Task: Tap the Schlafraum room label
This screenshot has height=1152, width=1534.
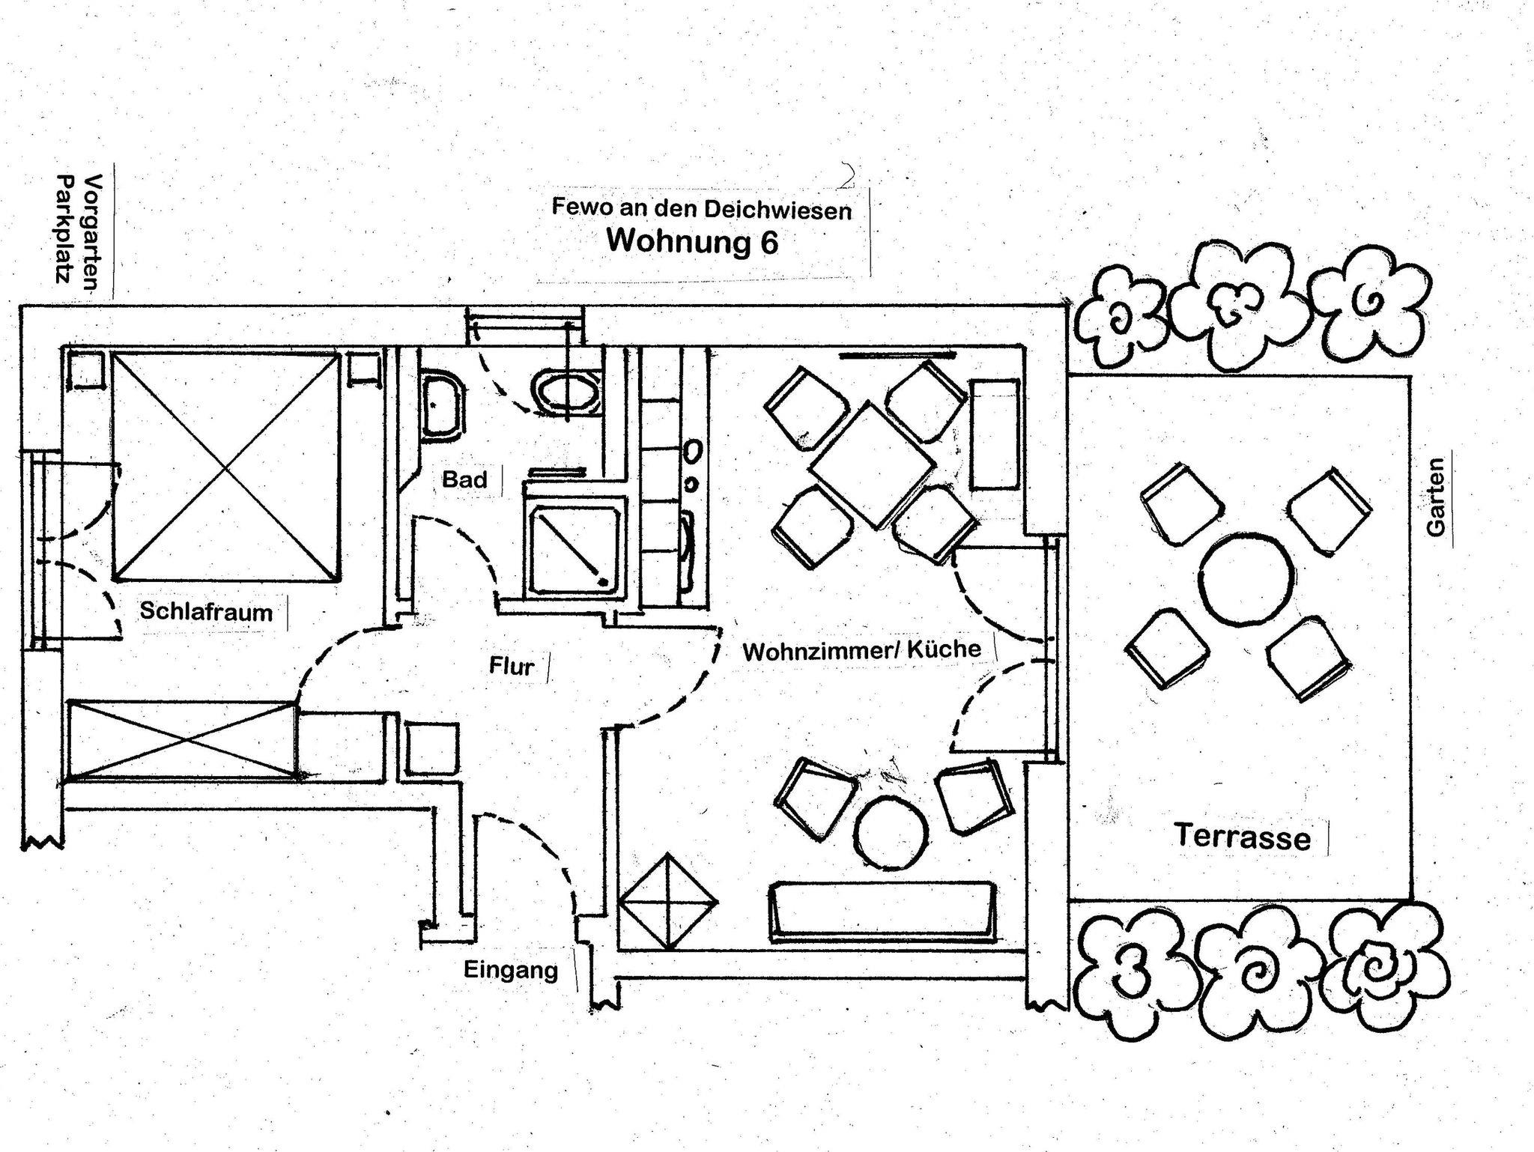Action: click(206, 611)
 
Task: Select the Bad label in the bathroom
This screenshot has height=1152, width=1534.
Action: click(464, 479)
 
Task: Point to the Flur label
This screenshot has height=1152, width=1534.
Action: click(512, 666)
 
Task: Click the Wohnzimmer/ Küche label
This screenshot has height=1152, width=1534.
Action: click(861, 650)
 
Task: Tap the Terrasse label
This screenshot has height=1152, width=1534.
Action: click(1242, 836)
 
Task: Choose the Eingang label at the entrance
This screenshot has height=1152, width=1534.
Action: click(511, 970)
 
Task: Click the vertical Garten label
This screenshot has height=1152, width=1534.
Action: click(1435, 497)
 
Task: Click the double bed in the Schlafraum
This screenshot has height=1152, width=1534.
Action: click(226, 467)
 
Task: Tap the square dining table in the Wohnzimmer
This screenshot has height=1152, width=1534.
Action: click(873, 465)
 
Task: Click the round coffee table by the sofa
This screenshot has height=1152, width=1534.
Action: click(889, 832)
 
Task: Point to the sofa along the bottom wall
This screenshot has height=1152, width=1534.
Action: click(882, 910)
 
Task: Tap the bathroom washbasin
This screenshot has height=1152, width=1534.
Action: click(442, 404)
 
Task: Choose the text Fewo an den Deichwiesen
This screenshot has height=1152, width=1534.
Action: click(701, 208)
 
